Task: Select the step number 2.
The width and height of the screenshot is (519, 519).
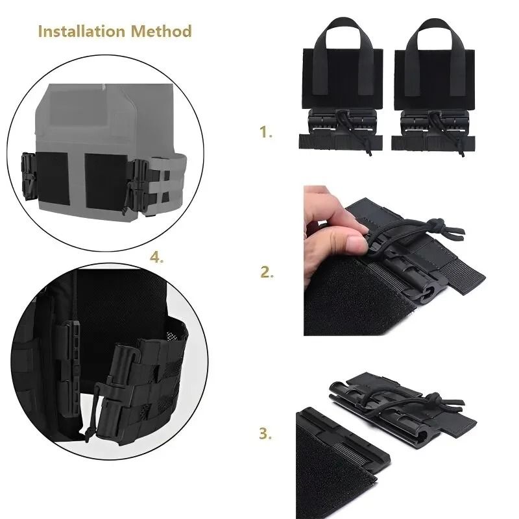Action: pyautogui.click(x=266, y=272)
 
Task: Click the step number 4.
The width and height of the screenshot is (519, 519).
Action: pyautogui.click(x=156, y=257)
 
